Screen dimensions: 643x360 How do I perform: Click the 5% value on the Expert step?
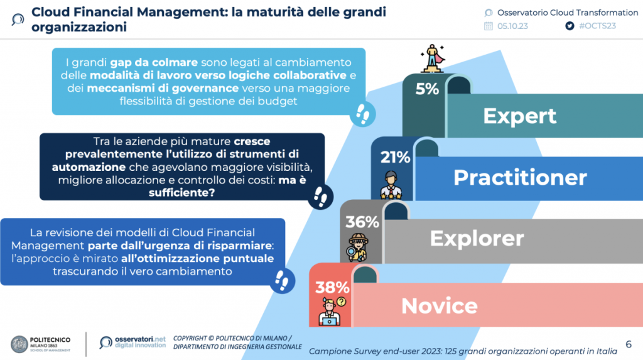click(x=427, y=89)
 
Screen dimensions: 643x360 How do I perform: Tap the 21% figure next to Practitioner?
click(x=395, y=157)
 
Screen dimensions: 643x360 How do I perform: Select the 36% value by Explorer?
click(x=362, y=222)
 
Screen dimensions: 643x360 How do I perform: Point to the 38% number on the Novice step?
click(x=332, y=287)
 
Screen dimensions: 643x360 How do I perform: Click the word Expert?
click(x=519, y=117)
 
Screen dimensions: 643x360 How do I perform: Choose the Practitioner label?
click(x=520, y=177)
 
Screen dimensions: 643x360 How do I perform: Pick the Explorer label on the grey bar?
click(x=477, y=239)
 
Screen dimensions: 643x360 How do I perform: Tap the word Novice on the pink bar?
click(x=440, y=306)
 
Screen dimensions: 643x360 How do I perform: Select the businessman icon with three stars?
click(x=391, y=185)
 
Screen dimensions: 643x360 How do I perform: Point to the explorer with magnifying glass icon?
click(x=358, y=248)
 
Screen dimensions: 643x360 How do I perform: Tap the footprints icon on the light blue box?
click(x=362, y=114)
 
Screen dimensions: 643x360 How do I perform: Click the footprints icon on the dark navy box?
click(x=320, y=197)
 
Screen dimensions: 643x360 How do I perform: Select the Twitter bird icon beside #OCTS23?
click(x=570, y=26)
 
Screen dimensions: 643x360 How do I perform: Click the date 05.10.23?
click(x=512, y=26)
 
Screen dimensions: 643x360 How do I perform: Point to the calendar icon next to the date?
click(x=488, y=26)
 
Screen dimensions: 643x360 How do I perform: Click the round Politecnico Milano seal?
click(x=19, y=344)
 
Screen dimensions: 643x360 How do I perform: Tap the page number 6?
click(x=629, y=344)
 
